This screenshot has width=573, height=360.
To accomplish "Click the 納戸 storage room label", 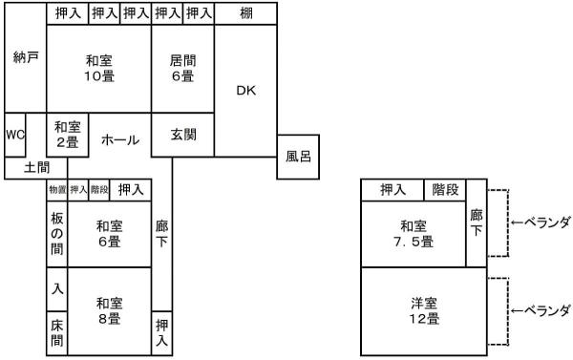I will (x=26, y=57).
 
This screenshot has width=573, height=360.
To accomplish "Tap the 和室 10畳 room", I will (x=99, y=67).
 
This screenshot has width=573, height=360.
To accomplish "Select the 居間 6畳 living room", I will (x=182, y=67).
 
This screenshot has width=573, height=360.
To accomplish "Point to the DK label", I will (x=245, y=90).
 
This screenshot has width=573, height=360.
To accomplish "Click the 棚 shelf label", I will (x=245, y=13).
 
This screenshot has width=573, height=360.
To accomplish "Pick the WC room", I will (x=14, y=135).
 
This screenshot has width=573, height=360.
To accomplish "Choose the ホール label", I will (x=120, y=139).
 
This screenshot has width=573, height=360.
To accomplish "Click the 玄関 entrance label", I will (x=183, y=135).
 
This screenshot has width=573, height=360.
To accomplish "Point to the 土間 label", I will (x=26, y=168).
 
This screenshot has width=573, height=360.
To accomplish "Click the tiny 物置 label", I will (x=57, y=190).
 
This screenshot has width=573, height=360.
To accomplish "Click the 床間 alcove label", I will (x=57, y=332).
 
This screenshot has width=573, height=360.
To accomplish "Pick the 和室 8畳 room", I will (x=109, y=311).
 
